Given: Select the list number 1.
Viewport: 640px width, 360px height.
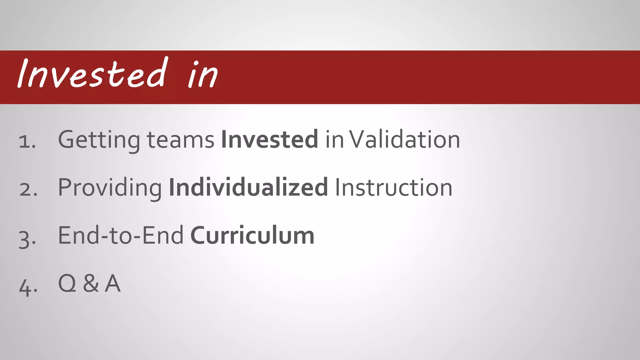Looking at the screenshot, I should [x=27, y=141].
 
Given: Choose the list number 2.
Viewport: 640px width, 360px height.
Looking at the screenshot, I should [x=28, y=189].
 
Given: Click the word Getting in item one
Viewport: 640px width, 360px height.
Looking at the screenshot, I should [x=99, y=140].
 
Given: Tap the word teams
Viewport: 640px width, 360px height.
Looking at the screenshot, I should [x=180, y=140].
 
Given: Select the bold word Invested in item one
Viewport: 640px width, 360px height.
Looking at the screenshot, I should [x=270, y=139].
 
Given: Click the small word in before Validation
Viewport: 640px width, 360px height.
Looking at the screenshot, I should [x=334, y=140].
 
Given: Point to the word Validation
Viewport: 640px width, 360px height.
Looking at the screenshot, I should [x=405, y=139].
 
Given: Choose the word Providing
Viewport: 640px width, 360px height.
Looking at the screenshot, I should [x=110, y=188].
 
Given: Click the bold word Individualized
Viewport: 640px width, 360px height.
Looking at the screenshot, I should [x=248, y=187].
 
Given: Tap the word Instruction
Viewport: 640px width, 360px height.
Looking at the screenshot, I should [x=394, y=187].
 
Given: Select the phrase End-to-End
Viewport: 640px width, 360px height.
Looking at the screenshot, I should [x=121, y=235].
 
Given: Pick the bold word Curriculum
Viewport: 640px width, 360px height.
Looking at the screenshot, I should [x=252, y=235].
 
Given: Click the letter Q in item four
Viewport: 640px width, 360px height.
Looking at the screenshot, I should [x=67, y=283].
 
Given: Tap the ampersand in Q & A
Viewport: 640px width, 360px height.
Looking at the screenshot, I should [x=91, y=283].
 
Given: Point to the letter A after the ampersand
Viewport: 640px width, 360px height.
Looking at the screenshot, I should [x=112, y=283].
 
